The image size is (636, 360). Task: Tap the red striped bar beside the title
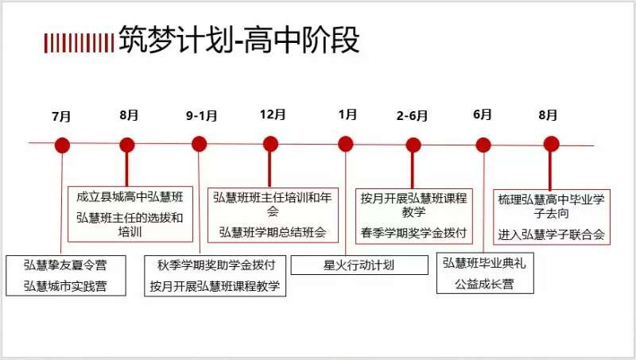tap(79, 41)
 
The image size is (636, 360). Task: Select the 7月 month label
tap(61, 116)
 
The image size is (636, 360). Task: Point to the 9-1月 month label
tap(202, 115)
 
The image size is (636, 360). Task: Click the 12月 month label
tap(272, 114)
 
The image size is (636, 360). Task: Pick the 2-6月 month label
tap(412, 116)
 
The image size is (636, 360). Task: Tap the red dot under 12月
tap(270, 144)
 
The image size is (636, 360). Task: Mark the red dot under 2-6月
tap(413, 145)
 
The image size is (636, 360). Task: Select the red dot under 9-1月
tap(200, 144)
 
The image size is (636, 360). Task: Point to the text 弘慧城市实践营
tap(66, 285)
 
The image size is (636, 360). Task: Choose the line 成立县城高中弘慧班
tap(130, 195)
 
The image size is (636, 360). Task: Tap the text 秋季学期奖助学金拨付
tap(214, 265)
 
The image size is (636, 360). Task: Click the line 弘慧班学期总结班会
tap(273, 232)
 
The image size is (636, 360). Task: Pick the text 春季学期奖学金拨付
tap(413, 232)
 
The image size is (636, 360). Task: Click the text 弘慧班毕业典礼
tap(483, 263)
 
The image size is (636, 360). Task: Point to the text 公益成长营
tap(483, 283)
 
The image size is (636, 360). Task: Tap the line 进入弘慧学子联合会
tap(552, 234)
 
